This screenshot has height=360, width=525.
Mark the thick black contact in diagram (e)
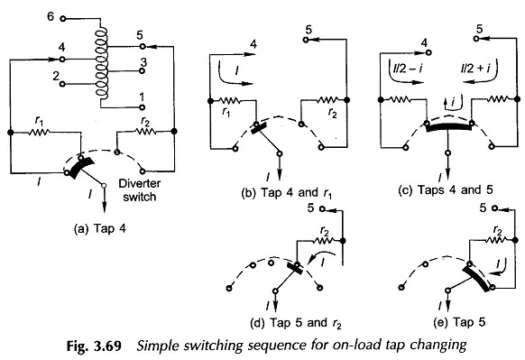click(474, 281)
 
